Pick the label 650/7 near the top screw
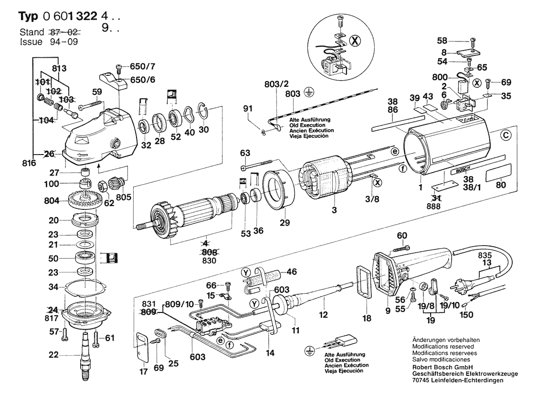138,66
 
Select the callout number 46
292,272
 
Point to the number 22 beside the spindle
54,354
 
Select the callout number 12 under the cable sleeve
324,315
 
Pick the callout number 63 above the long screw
245,153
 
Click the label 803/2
276,84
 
